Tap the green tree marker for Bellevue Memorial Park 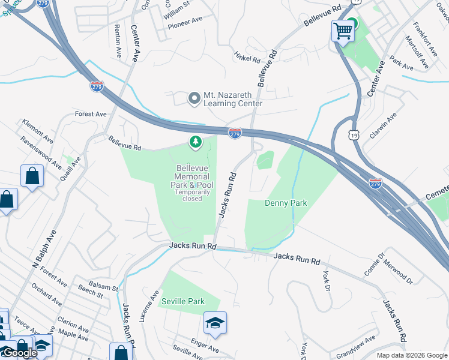pyautogui.click(x=194, y=142)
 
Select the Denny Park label pyautogui.click(x=286, y=203)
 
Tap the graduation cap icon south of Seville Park pyautogui.click(x=215, y=323)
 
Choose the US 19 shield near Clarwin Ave pyautogui.click(x=352, y=135)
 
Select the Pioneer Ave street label pyautogui.click(x=185, y=22)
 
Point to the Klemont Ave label pyautogui.click(x=37, y=130)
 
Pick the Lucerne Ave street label pyautogui.click(x=149, y=307)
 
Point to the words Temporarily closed pyautogui.click(x=193, y=195)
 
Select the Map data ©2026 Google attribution pyautogui.click(x=412, y=355)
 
